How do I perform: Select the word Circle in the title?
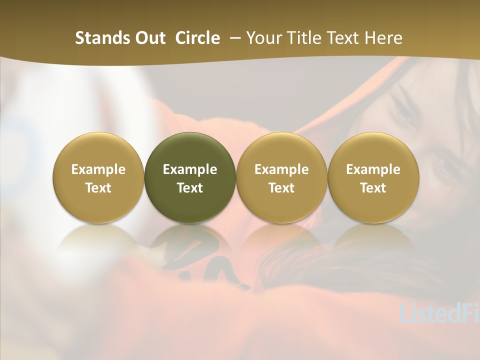click(197, 38)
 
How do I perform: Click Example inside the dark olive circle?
click(190, 169)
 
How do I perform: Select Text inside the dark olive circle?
click(190, 188)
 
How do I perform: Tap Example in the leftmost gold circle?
click(98, 169)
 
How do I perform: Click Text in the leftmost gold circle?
click(98, 188)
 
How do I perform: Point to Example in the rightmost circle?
click(373, 169)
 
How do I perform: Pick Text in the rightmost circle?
click(373, 188)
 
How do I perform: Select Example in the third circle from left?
click(281, 169)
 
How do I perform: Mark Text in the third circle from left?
click(281, 188)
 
